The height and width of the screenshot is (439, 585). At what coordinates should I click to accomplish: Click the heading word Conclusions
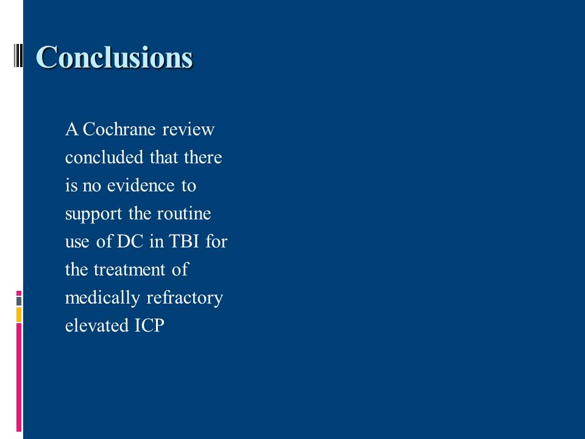pyautogui.click(x=114, y=57)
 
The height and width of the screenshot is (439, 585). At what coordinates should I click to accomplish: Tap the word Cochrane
pyautogui.click(x=119, y=129)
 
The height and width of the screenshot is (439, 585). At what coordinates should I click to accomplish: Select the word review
pyautogui.click(x=188, y=130)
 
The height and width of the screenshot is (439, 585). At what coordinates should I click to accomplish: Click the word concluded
pyautogui.click(x=104, y=157)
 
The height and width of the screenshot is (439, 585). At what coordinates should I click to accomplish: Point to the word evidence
pyautogui.click(x=141, y=185)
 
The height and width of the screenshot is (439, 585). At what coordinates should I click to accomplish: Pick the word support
pyautogui.click(x=93, y=214)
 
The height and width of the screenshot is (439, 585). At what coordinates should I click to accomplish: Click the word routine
pyautogui.click(x=184, y=213)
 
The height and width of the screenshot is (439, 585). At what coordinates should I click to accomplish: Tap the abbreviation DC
pyautogui.click(x=130, y=241)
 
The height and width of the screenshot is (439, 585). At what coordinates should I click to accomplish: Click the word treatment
pyautogui.click(x=129, y=269)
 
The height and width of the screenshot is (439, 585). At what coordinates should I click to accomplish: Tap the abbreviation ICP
pyautogui.click(x=150, y=326)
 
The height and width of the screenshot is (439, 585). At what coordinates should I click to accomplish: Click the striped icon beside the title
pyautogui.click(x=18, y=55)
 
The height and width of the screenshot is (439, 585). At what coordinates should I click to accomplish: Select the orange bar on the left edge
pyautogui.click(x=19, y=315)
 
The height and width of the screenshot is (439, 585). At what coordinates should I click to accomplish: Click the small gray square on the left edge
pyautogui.click(x=19, y=301)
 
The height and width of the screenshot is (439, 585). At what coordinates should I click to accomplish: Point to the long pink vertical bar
pyautogui.click(x=19, y=377)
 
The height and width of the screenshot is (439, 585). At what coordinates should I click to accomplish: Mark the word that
pyautogui.click(x=164, y=157)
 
